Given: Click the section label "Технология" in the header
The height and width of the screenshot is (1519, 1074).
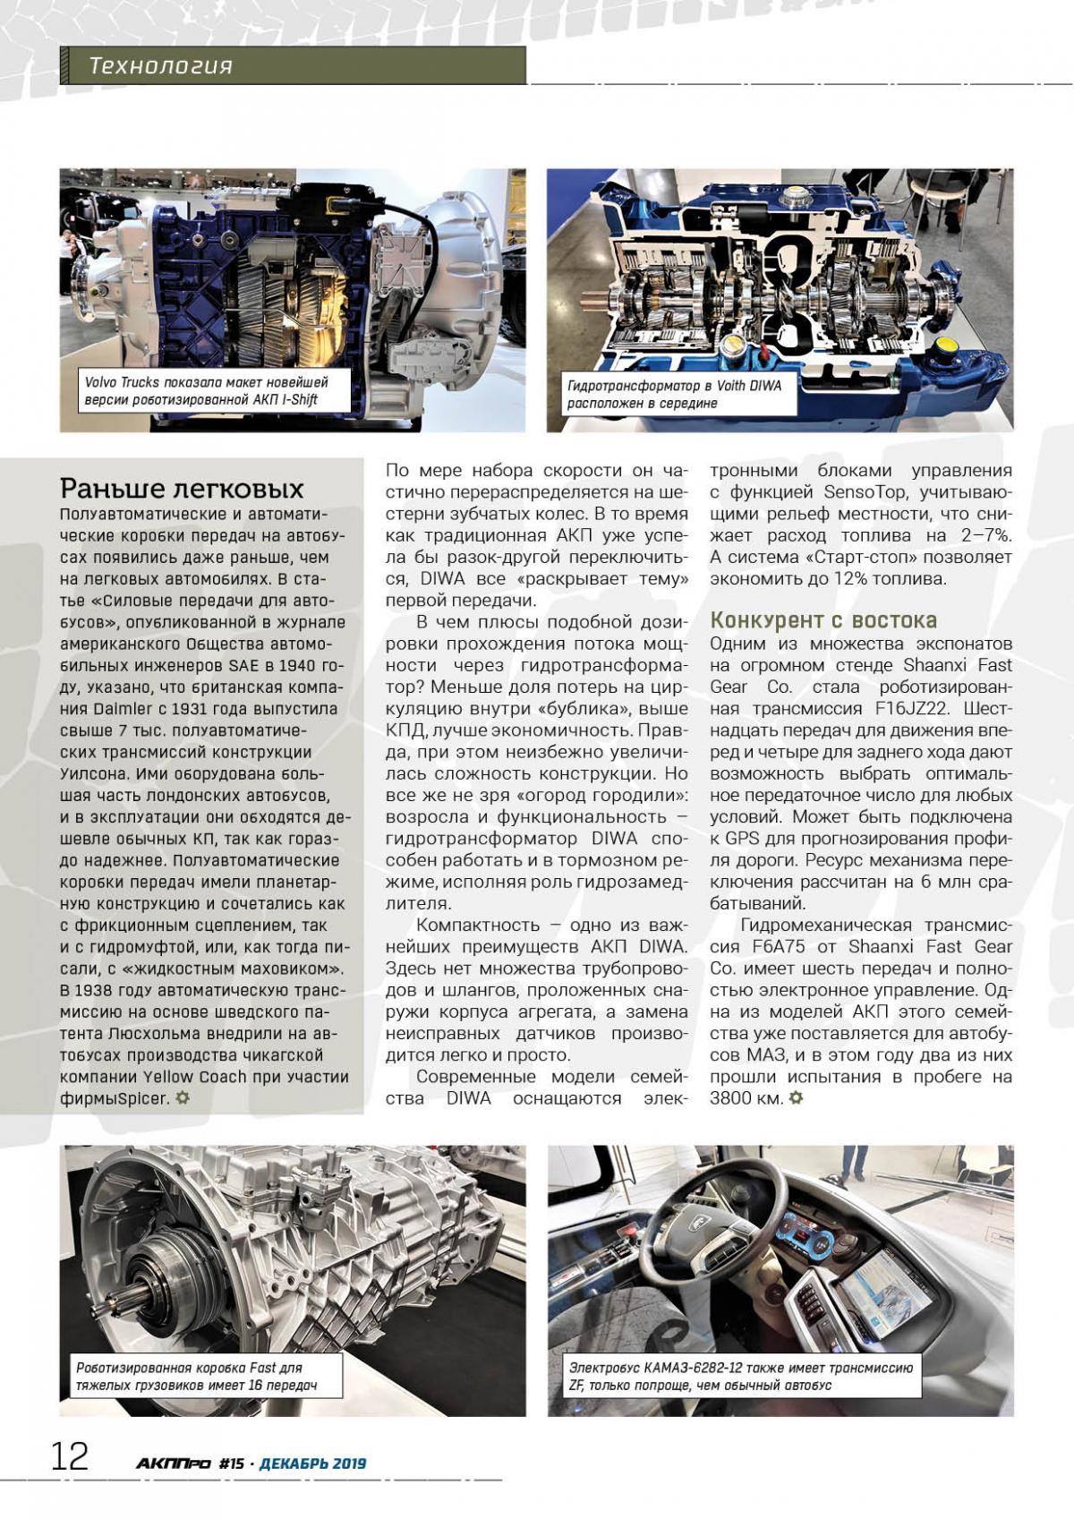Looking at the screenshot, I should coord(161,66).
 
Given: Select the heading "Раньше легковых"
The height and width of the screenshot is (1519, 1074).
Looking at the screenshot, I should coord(182,489).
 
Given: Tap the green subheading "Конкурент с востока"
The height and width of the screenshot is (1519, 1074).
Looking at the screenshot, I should coord(823,620).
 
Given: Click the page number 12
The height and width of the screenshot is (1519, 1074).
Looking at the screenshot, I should coord(69,1457).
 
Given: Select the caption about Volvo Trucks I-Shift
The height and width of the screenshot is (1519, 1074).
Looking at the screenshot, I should coord(207,391).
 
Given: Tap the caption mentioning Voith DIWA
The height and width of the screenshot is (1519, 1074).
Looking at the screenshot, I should coord(674,394).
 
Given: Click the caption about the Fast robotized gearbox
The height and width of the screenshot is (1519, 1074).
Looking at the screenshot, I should coord(196,1377).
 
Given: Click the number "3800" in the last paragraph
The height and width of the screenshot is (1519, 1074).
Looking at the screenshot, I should coord(731,1098).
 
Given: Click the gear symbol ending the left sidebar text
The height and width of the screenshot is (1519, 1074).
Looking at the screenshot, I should coord(183,1097).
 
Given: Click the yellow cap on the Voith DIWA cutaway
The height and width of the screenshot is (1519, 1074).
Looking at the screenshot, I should coord(944,347).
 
